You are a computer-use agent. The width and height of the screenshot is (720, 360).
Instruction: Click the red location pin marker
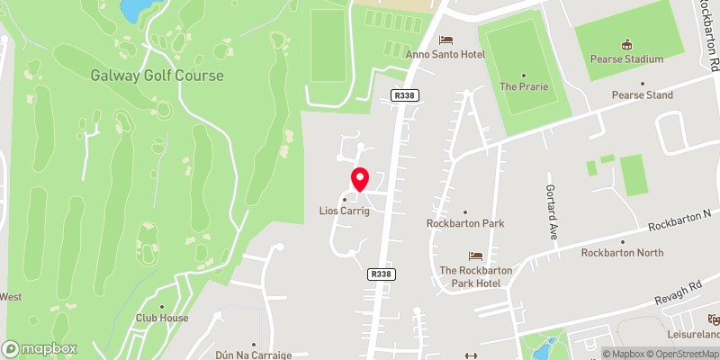click(x=359, y=179)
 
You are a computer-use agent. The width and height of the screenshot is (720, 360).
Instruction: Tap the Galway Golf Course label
click(x=157, y=76)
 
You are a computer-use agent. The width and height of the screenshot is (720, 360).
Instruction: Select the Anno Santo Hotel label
click(x=445, y=55)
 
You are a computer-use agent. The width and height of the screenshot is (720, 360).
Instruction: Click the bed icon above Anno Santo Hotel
click(x=445, y=40)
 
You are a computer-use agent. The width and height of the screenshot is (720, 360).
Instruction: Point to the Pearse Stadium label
click(x=627, y=59)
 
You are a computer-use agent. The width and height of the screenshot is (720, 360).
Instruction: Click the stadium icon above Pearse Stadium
click(x=627, y=45)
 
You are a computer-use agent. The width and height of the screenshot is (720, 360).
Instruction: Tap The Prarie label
click(x=522, y=86)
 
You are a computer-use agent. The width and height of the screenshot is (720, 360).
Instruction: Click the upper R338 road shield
click(x=405, y=94)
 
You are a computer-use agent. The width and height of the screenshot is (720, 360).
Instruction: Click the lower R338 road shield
click(x=381, y=274)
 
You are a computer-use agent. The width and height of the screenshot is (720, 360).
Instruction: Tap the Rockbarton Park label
click(x=465, y=223)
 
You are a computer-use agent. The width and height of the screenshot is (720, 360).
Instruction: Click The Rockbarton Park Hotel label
click(x=475, y=276)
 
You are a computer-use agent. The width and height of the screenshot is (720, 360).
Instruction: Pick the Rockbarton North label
click(x=622, y=253)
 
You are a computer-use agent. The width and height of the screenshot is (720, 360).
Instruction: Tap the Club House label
click(x=162, y=318)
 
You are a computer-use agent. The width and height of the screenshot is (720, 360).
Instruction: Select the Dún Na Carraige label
click(x=254, y=355)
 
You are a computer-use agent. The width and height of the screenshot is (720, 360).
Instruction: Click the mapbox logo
click(x=40, y=348)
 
